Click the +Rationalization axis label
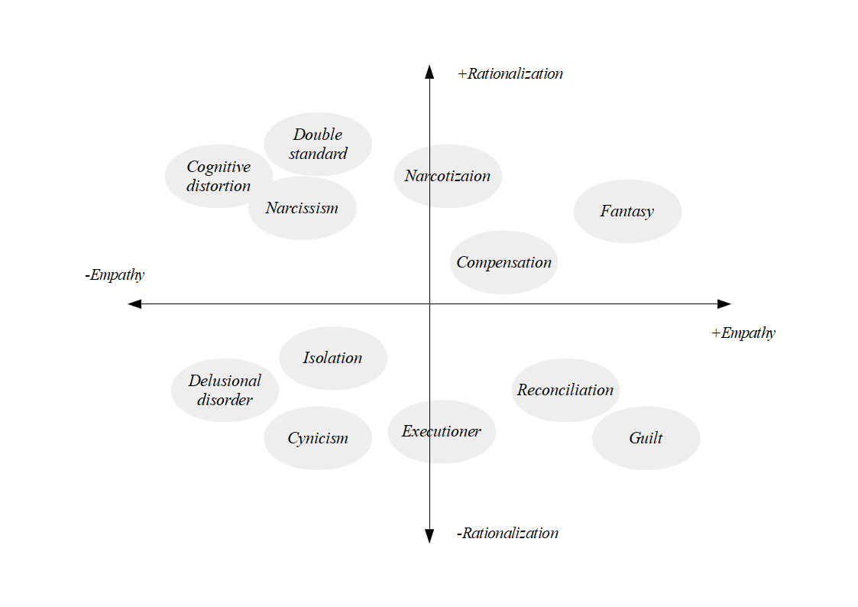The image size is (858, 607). (510, 74)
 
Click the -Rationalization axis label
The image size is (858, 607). (507, 533)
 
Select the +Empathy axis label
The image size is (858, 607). (743, 333)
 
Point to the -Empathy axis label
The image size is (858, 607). (115, 274)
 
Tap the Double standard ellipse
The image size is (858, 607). (318, 144)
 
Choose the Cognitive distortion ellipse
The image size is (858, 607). (219, 177)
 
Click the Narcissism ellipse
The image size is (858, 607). (302, 208)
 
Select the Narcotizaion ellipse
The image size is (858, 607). (448, 177)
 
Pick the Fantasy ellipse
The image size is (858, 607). (627, 211)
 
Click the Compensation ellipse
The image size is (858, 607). (504, 263)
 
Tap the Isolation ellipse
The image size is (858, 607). (333, 359)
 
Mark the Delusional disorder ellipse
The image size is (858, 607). (225, 390)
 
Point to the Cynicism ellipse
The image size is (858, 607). (318, 438)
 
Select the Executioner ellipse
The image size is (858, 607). (442, 432)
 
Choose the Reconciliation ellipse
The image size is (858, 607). (566, 390)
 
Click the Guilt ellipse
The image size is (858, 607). (646, 438)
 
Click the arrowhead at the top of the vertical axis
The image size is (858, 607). (429, 72)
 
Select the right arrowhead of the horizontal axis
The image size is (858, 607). (724, 303)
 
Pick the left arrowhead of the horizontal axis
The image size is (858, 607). (134, 303)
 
